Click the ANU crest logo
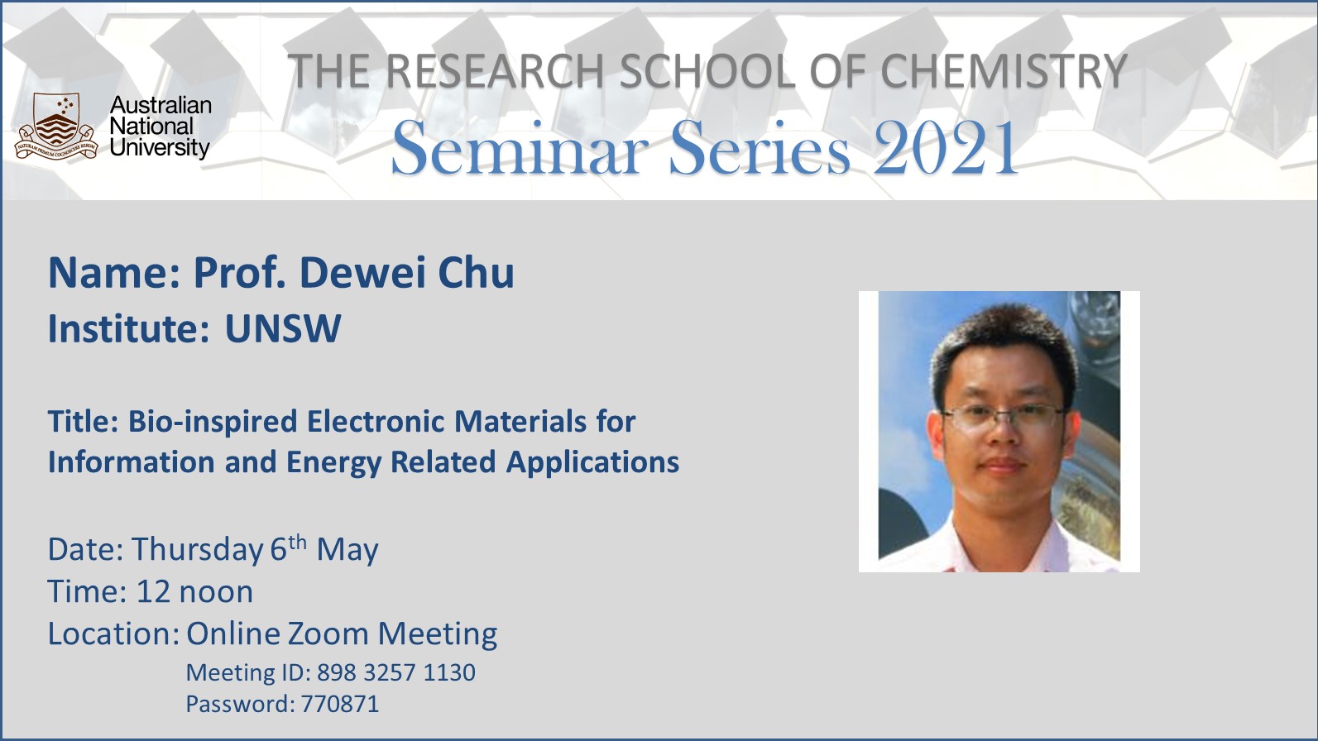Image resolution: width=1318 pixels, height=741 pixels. point(56,126)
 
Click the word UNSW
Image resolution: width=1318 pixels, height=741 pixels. point(283,328)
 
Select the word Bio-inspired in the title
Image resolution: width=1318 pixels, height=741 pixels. point(213,423)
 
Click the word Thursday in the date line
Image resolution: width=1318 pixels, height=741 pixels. point(197,551)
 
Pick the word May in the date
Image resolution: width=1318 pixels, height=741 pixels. point(347,551)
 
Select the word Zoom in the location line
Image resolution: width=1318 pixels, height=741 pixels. point(328,634)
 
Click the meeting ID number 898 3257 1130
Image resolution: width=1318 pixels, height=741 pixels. point(396,673)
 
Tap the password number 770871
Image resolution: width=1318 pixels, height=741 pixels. point(339,704)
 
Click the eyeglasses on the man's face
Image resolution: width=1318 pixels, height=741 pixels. point(1004,417)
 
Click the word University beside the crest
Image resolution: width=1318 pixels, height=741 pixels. point(160,147)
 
